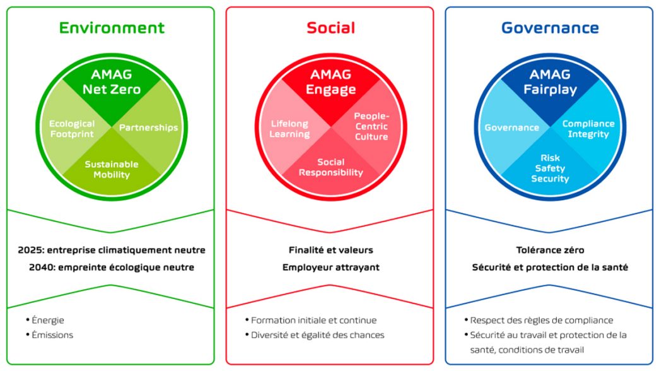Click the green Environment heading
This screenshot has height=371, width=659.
click(x=112, y=28)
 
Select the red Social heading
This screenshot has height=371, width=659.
click(x=330, y=28)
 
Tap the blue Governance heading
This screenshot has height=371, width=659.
click(x=550, y=28)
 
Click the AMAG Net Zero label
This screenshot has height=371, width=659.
click(x=112, y=81)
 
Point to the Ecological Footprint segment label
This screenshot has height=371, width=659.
click(x=72, y=129)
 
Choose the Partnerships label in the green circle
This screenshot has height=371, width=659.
click(x=148, y=127)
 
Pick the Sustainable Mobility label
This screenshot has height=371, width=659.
click(x=112, y=170)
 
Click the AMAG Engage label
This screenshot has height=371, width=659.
click(x=330, y=81)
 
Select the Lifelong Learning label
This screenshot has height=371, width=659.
click(x=289, y=129)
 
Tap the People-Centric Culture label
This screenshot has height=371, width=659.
click(x=371, y=126)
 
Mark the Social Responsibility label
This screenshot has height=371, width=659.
click(x=330, y=167)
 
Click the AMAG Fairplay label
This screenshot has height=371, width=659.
click(x=550, y=81)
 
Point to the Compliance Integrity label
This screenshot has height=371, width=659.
click(x=588, y=129)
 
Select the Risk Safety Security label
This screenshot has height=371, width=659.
click(x=550, y=168)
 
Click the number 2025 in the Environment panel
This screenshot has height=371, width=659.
click(x=31, y=250)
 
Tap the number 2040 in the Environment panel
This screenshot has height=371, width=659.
click(x=42, y=267)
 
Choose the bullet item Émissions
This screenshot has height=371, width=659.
click(x=50, y=335)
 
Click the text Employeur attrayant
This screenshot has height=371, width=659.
click(x=330, y=268)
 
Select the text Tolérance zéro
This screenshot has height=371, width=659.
click(x=550, y=250)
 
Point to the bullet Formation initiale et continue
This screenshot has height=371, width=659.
click(x=311, y=320)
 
